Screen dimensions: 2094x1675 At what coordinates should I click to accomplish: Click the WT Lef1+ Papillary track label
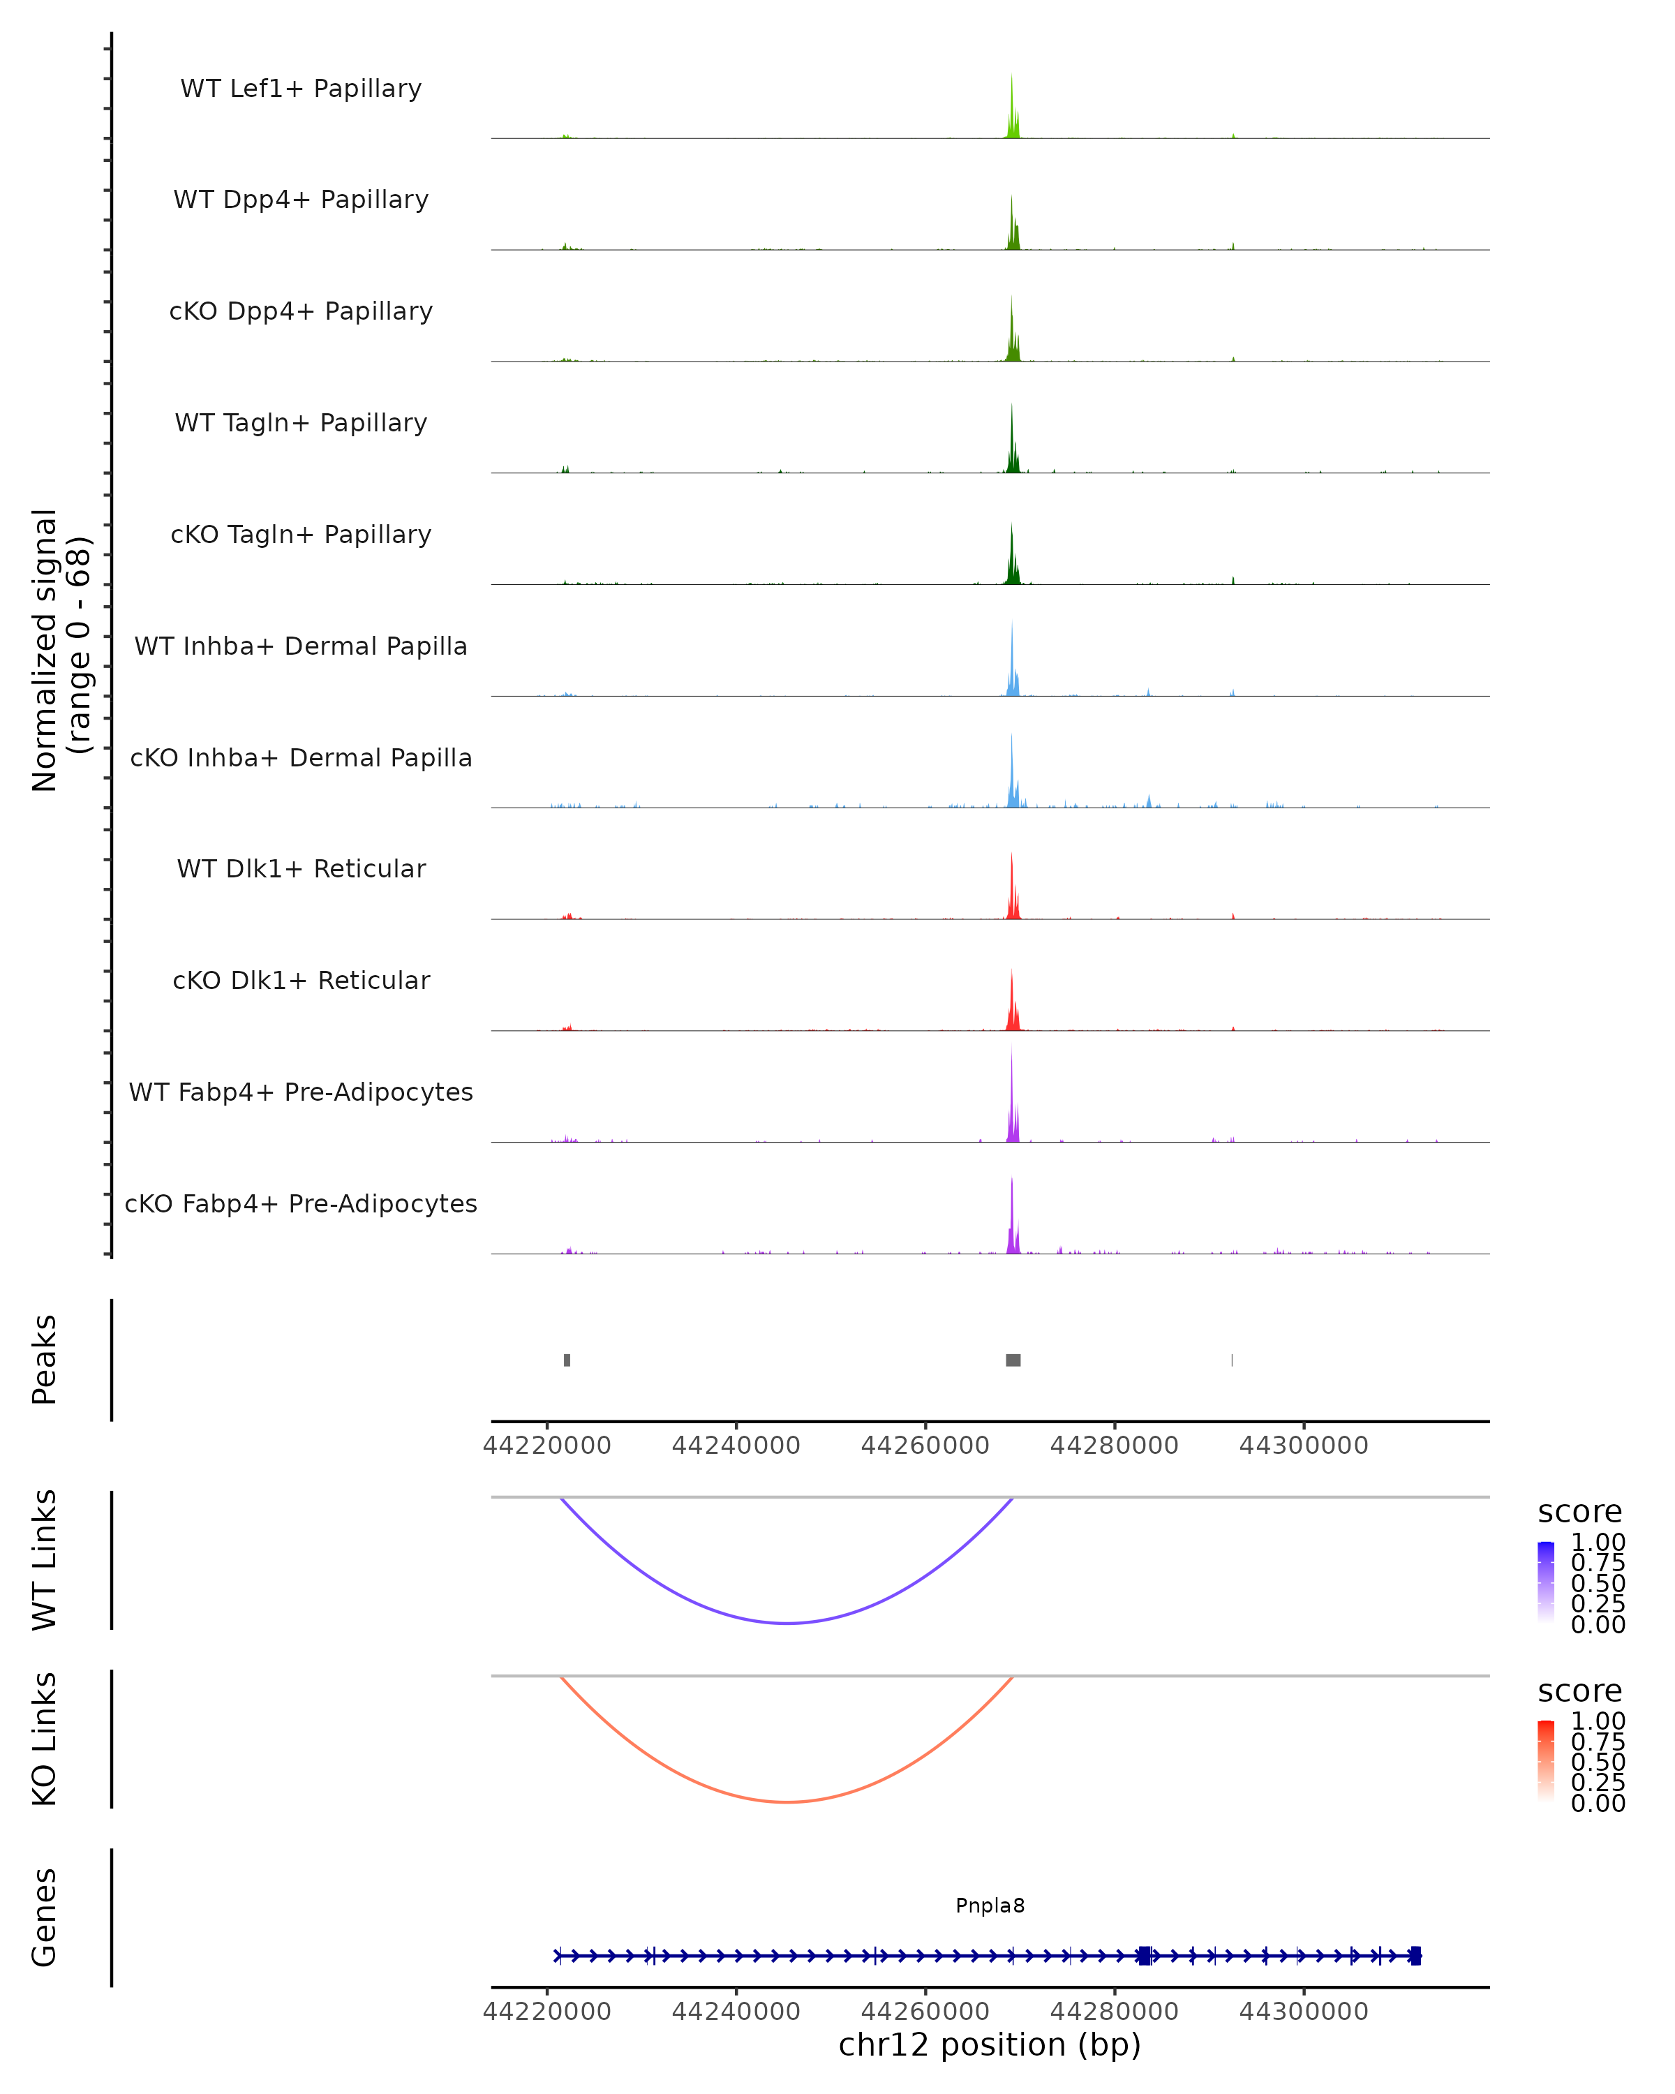(x=301, y=89)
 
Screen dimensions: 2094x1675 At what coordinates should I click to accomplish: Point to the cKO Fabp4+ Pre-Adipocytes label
(x=301, y=1203)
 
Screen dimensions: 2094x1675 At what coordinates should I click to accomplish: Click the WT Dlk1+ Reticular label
(x=301, y=868)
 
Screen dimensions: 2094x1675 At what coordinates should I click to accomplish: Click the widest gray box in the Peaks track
(x=1013, y=1360)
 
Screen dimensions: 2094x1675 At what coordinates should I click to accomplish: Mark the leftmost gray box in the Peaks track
(x=567, y=1360)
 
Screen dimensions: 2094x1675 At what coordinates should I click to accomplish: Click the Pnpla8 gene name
(x=990, y=1906)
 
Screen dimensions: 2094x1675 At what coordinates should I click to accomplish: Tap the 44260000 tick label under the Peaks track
(x=925, y=1446)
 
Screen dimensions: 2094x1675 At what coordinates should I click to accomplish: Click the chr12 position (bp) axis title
(x=990, y=2044)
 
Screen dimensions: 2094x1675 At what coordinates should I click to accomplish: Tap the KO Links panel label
(x=45, y=1739)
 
